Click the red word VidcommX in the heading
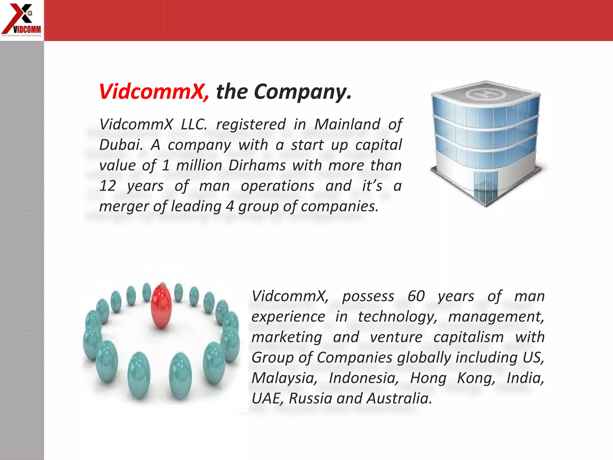[x=154, y=91]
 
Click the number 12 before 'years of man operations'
[x=107, y=186]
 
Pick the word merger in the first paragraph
[x=124, y=207]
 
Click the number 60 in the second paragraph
[x=416, y=296]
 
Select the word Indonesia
[x=364, y=378]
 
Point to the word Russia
[x=310, y=399]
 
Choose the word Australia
[x=399, y=399]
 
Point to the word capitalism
[x=468, y=337]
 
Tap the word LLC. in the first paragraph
[x=194, y=124]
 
